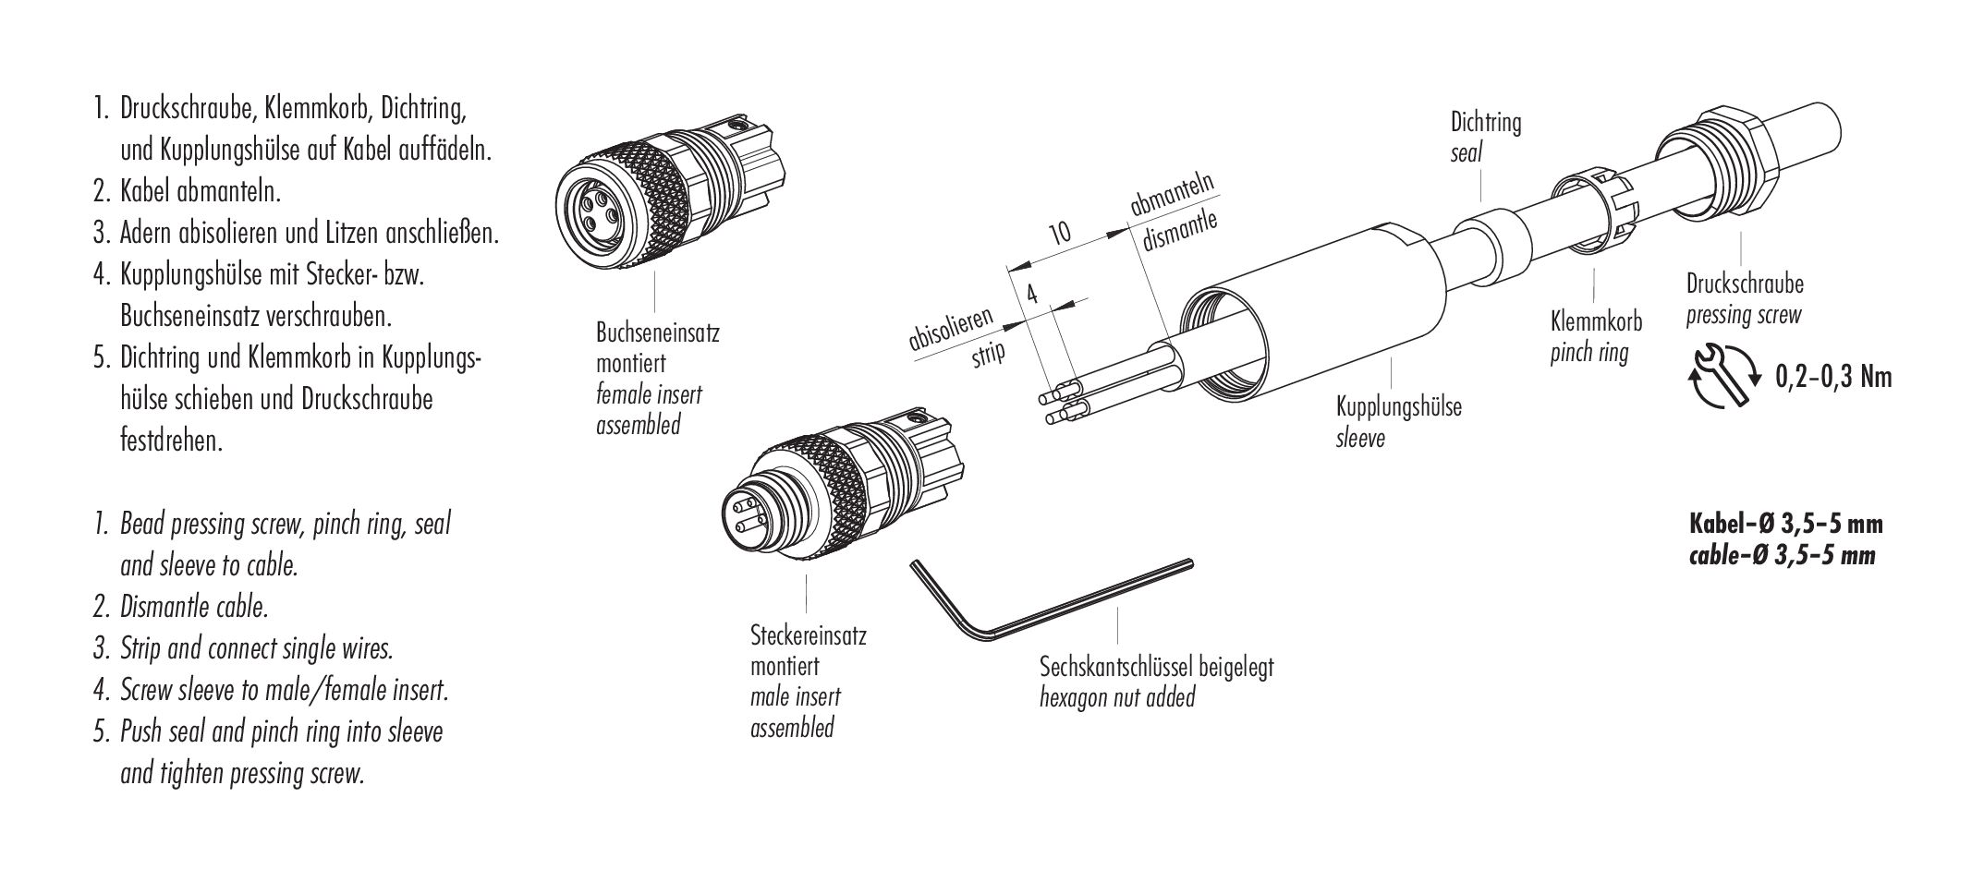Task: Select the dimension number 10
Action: click(x=1060, y=232)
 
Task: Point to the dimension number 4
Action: click(x=1032, y=294)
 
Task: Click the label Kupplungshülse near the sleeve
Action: click(x=1398, y=405)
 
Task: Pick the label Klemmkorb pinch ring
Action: click(x=1595, y=336)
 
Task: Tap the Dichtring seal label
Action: click(x=1485, y=136)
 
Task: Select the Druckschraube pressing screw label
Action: click(x=1744, y=298)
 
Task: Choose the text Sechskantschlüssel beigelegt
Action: click(x=1156, y=667)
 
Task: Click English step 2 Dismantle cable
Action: click(x=194, y=607)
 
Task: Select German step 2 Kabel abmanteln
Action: click(x=200, y=192)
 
